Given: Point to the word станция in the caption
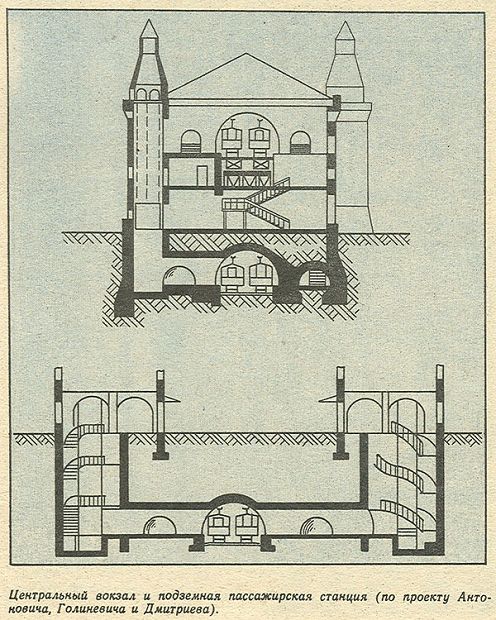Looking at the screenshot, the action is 340,585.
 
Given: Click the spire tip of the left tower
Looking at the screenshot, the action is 149,20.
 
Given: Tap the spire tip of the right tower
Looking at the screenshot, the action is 345,22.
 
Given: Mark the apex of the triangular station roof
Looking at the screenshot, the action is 246,54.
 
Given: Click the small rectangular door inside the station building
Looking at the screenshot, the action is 201,175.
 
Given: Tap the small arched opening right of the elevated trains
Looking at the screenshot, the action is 300,142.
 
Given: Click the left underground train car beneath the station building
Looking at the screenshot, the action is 231,274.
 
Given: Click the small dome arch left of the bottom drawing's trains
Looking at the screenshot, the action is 159,526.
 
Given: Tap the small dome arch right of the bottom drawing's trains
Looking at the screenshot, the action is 316,526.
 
